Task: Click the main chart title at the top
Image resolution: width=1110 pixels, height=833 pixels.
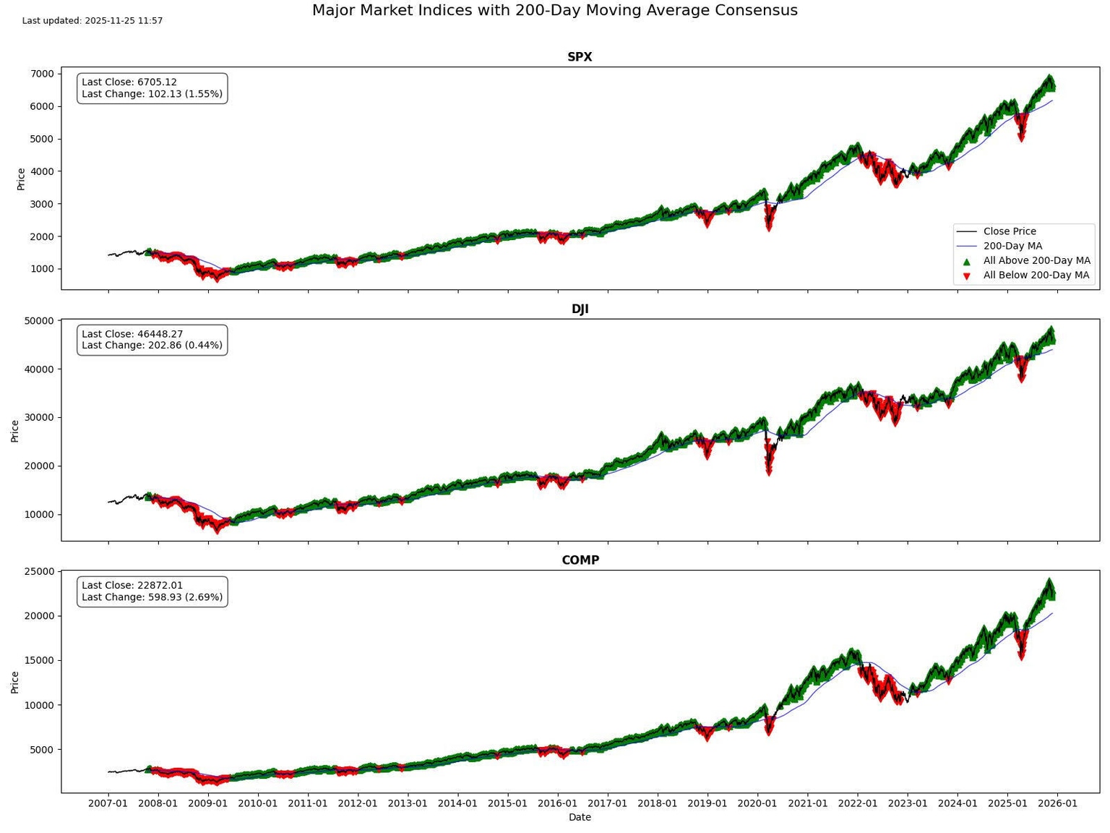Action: pyautogui.click(x=554, y=11)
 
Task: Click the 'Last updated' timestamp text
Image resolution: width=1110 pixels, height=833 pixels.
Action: pyautogui.click(x=92, y=21)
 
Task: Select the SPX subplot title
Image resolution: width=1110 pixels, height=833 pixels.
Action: pyautogui.click(x=580, y=57)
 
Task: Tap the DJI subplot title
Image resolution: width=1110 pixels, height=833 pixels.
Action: pyautogui.click(x=580, y=309)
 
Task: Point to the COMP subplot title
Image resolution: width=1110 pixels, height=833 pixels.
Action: pyautogui.click(x=580, y=560)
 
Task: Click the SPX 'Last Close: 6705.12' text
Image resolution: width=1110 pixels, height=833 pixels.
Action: pyautogui.click(x=129, y=82)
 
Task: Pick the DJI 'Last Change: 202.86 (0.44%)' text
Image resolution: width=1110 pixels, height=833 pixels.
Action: pyautogui.click(x=152, y=346)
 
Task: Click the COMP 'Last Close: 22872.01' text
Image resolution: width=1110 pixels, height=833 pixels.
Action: pyautogui.click(x=132, y=586)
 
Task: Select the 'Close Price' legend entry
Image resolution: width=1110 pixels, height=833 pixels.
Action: pyautogui.click(x=1009, y=231)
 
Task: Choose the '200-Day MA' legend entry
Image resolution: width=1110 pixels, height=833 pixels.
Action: pyautogui.click(x=1012, y=246)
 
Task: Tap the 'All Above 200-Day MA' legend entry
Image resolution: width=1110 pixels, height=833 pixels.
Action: pyautogui.click(x=1036, y=260)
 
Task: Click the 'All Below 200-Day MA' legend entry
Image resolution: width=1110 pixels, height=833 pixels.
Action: pyautogui.click(x=1036, y=275)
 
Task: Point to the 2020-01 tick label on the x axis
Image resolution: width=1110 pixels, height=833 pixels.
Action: pyautogui.click(x=757, y=803)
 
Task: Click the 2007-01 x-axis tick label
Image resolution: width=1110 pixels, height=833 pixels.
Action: pyautogui.click(x=108, y=803)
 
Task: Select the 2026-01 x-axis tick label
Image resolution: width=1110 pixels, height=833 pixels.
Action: pyautogui.click(x=1057, y=803)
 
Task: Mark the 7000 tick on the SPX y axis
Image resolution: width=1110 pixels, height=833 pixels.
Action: pyautogui.click(x=43, y=74)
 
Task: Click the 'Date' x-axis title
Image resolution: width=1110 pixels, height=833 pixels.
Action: pyautogui.click(x=580, y=817)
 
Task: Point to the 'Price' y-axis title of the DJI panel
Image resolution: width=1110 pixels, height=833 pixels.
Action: pyautogui.click(x=15, y=430)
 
